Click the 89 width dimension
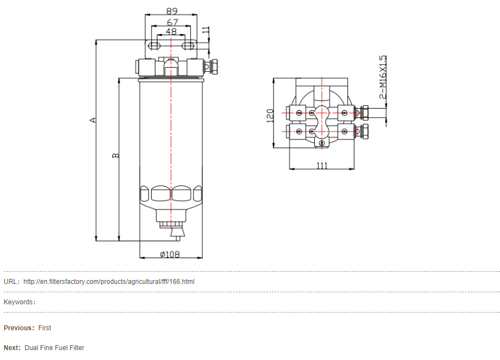tap(172, 11)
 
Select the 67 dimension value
tap(172, 22)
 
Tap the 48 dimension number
tap(171, 31)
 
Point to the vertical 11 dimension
tap(206, 30)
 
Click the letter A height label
tap(93, 120)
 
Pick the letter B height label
tap(115, 155)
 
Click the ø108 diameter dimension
tap(170, 254)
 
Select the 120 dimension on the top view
tap(270, 116)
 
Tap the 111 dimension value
tap(322, 166)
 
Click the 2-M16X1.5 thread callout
tap(383, 77)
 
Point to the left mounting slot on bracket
tap(154, 46)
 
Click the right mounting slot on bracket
tap(188, 46)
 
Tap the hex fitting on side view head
tap(214, 67)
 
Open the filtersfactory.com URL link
tap(109, 282)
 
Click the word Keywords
tap(18, 302)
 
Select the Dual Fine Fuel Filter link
tap(55, 347)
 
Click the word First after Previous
tap(45, 328)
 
